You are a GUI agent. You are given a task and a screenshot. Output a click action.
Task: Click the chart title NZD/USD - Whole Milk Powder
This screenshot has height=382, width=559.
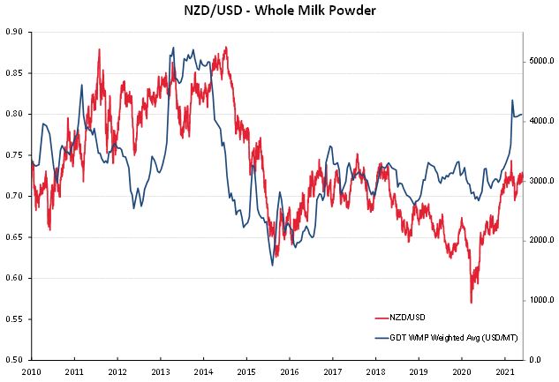(279, 11)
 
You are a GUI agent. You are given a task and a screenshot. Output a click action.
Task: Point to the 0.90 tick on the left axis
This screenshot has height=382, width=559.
(15, 32)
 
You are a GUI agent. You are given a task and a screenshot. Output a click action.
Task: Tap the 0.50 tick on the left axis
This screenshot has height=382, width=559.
(15, 360)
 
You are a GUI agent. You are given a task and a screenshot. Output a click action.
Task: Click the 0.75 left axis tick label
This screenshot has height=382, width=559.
(15, 155)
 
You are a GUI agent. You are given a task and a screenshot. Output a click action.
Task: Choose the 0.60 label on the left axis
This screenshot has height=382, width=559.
(15, 278)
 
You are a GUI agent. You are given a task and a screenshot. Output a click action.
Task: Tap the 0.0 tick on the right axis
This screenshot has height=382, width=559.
(535, 360)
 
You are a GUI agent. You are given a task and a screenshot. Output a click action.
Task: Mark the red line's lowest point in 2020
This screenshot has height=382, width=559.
(471, 303)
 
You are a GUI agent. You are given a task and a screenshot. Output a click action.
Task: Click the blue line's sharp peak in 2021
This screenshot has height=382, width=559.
(512, 101)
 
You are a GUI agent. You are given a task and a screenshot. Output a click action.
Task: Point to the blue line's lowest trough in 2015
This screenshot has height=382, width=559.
(272, 266)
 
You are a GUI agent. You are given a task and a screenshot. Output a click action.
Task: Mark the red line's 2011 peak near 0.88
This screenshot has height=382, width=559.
(99, 49)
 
